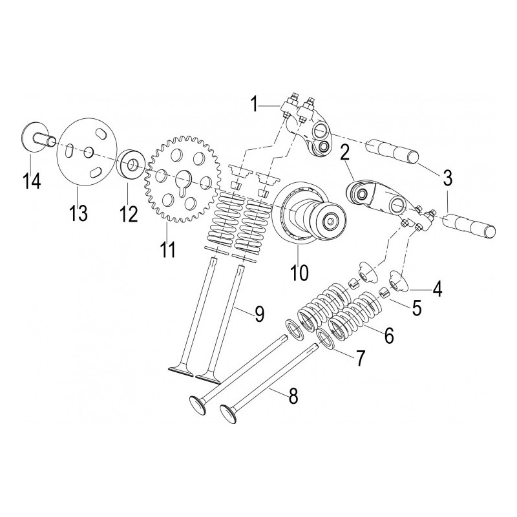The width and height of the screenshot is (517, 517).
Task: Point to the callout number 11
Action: point(168,248)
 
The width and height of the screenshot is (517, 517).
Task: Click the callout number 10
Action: point(299,273)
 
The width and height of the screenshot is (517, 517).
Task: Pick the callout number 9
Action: point(259,314)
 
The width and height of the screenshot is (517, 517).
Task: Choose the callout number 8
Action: point(293,396)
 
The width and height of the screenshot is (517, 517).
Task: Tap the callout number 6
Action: point(388,335)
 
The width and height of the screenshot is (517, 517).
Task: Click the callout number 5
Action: point(417,308)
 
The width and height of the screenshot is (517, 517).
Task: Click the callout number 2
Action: point(344,154)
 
